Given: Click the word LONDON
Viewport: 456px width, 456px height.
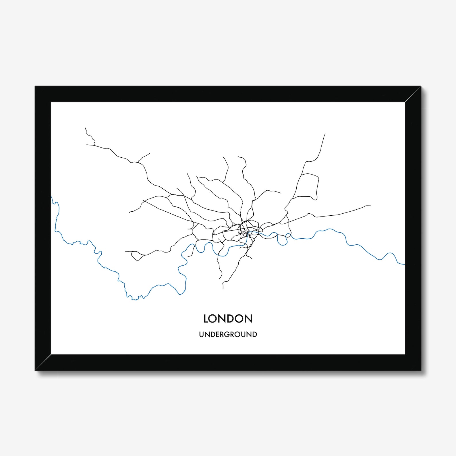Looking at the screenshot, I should [x=228, y=319].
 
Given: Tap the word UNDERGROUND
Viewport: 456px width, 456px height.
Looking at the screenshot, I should [x=228, y=335].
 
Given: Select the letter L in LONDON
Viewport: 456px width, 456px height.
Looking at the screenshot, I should [x=206, y=319].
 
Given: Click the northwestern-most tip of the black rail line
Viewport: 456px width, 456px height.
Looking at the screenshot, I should [x=86, y=128].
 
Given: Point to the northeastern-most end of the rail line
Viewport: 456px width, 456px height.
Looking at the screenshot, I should [x=325, y=134].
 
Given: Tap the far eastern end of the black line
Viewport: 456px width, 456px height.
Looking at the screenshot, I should [x=370, y=206].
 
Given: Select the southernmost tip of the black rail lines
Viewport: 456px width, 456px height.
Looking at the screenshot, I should [x=223, y=289].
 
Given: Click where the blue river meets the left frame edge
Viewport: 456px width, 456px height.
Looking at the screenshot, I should [x=51, y=196].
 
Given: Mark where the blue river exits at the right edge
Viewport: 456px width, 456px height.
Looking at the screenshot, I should [x=404, y=264].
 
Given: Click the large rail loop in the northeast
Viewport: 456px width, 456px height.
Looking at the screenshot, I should [x=309, y=185].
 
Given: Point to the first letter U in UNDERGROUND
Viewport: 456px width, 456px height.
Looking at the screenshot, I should [x=202, y=335].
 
